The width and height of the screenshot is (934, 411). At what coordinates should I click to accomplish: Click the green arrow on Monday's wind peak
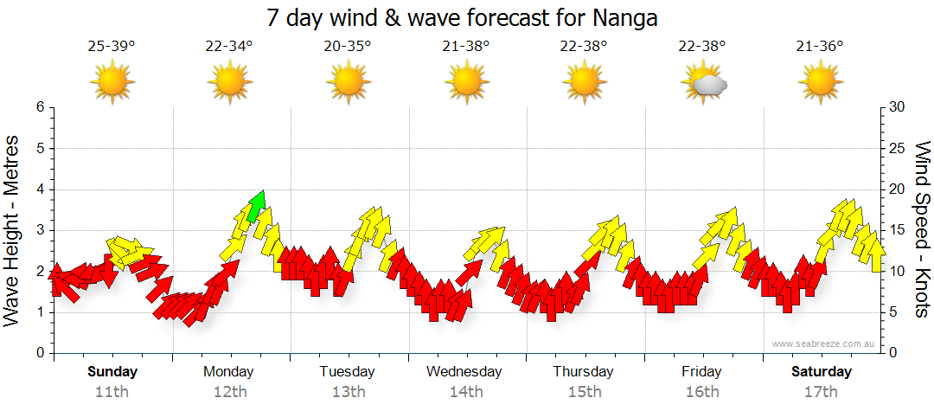[256, 205]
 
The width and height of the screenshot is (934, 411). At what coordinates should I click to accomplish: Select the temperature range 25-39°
[112, 46]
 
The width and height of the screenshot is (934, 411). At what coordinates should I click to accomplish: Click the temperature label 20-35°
[348, 46]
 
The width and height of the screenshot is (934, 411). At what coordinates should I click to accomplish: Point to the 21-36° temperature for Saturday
[820, 46]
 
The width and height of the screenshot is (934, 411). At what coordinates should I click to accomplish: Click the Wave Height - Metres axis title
[14, 230]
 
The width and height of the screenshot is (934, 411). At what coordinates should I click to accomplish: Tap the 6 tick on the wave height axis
[39, 107]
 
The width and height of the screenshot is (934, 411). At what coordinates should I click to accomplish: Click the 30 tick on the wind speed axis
[898, 107]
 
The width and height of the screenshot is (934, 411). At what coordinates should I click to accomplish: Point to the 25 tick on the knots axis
[898, 148]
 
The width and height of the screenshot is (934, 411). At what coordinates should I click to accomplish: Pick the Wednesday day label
[464, 372]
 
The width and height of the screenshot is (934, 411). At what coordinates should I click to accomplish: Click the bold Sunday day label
[112, 372]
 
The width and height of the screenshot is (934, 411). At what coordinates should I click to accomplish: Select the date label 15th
[585, 391]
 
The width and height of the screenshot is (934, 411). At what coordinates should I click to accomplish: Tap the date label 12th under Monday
[229, 391]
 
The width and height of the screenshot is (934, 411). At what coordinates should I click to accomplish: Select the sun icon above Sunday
[112, 83]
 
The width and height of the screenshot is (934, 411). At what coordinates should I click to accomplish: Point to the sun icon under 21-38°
[466, 83]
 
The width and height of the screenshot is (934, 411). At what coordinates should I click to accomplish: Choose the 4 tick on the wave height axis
[39, 189]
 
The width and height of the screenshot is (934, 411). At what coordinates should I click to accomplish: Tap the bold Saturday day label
[822, 372]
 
